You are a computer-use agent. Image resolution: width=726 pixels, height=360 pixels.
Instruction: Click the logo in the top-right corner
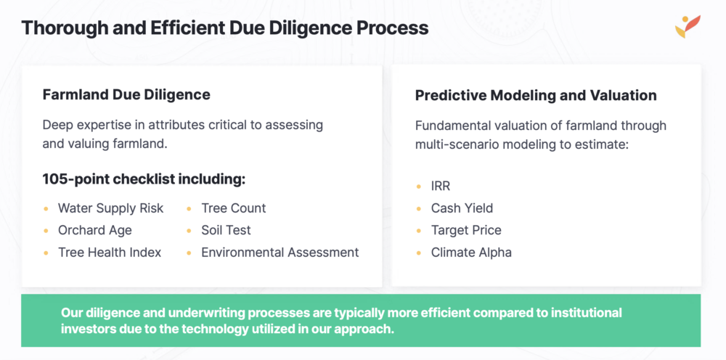click(687, 26)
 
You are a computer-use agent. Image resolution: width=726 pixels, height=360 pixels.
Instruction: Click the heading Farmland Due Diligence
click(126, 95)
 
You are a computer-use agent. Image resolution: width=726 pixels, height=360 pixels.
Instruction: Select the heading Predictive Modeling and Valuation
click(536, 95)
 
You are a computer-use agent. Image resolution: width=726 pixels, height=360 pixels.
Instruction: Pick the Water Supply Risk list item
click(110, 208)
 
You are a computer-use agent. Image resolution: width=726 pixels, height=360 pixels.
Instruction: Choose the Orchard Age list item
click(95, 230)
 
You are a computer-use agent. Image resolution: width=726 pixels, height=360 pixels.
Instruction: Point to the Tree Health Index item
click(110, 252)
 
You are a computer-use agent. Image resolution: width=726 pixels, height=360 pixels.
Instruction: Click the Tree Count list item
click(233, 208)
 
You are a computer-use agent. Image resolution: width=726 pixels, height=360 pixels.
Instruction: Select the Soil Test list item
click(226, 230)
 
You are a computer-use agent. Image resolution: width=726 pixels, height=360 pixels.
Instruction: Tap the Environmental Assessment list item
click(280, 252)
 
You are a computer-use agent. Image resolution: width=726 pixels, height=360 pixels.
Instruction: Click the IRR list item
click(441, 186)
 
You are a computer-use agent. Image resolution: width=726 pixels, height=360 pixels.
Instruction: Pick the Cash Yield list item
click(462, 208)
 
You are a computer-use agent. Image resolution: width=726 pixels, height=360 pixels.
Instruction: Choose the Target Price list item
click(466, 230)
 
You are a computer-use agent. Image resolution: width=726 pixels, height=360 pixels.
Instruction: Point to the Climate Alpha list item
click(471, 253)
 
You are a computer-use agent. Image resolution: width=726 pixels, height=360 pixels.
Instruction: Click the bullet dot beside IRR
click(419, 187)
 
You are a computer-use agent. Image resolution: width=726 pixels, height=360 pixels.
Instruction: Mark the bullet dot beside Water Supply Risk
click(45, 209)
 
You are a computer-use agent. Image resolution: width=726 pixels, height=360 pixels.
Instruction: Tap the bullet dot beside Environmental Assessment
click(189, 253)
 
